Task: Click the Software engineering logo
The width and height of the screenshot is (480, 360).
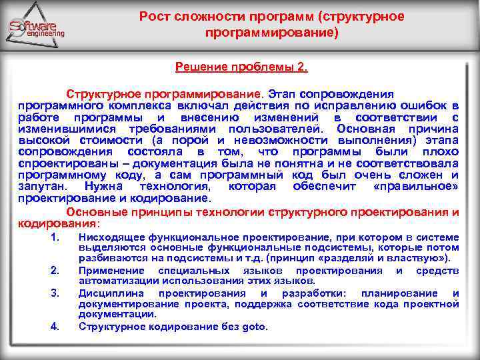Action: [36, 28]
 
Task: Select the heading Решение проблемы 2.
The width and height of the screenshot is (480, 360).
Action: [241, 67]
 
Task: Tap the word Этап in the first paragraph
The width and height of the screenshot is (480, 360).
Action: [285, 94]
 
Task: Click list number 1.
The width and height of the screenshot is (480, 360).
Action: [55, 237]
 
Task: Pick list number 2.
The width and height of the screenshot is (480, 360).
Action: [55, 270]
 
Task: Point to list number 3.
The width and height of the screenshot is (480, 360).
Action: [55, 293]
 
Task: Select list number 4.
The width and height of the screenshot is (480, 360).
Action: [55, 326]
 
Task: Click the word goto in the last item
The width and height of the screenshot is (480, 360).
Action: [254, 326]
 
